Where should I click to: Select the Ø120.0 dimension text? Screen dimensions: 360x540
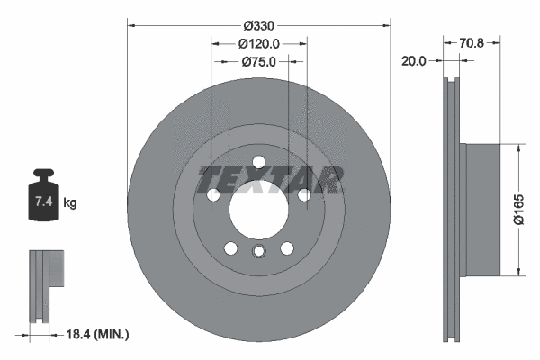[x=258, y=42]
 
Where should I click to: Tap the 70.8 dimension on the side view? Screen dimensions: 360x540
[x=473, y=41]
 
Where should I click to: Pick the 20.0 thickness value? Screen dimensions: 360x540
[x=415, y=61]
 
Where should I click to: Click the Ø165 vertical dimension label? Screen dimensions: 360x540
[x=519, y=209]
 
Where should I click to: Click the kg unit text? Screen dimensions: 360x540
[x=70, y=203]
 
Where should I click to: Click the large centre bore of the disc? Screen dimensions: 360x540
[x=258, y=210]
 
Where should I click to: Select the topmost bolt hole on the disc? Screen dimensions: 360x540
[x=258, y=162]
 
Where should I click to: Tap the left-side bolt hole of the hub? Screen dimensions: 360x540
[x=213, y=195]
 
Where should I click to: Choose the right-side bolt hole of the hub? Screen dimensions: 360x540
[x=304, y=195]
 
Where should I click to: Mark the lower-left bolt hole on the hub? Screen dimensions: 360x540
[x=230, y=248]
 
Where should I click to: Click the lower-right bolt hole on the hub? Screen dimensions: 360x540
[x=287, y=248]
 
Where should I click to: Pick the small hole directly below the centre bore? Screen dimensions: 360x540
[x=258, y=252]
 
